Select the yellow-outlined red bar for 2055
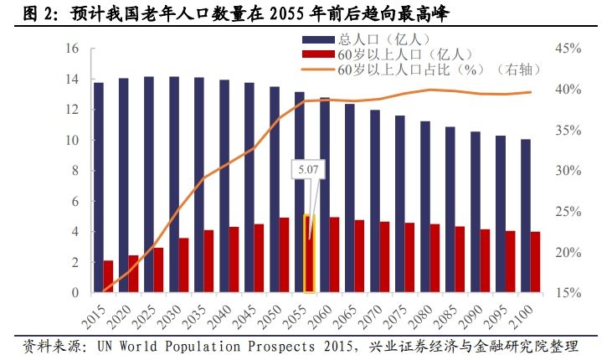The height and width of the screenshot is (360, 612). (309, 255)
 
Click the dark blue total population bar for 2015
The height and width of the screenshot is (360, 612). (98, 188)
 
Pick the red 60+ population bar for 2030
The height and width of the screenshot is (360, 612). (183, 265)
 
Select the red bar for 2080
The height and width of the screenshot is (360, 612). (435, 259)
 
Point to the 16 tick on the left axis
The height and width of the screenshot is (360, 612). (72, 49)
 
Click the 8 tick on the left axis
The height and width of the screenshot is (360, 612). (75, 172)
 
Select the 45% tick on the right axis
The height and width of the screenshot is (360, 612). (567, 49)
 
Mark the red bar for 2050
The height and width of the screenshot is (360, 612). (284, 255)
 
